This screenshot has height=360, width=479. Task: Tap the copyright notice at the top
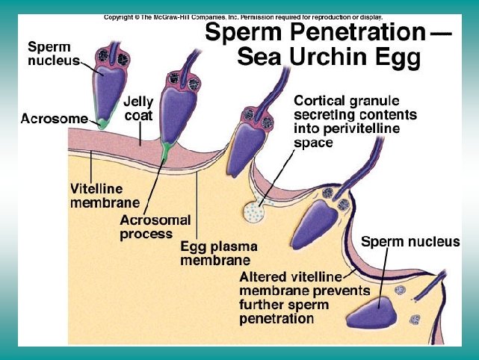pos(243,16)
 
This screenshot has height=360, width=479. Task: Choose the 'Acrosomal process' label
pos(155,227)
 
